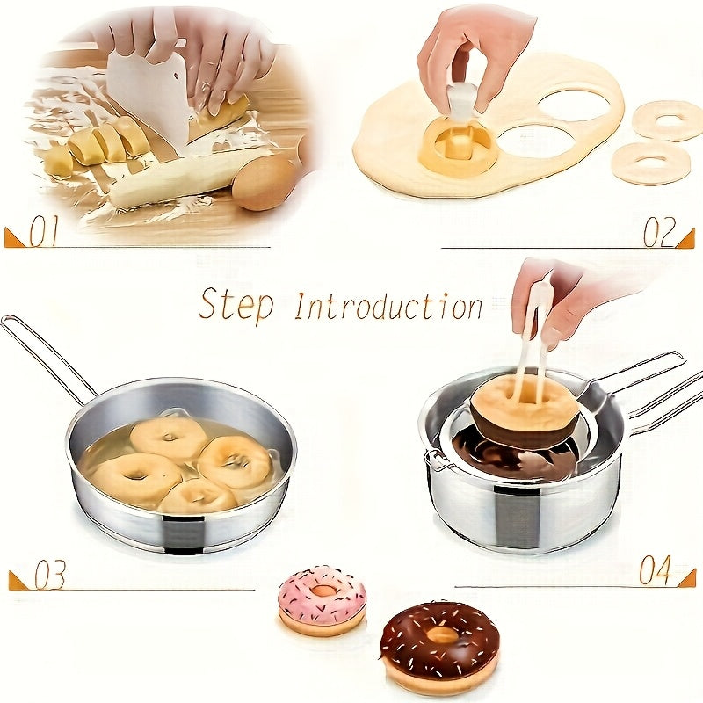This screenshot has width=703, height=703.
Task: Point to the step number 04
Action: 656,571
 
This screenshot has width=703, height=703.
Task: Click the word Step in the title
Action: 236,305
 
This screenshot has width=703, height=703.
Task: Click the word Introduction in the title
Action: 388,307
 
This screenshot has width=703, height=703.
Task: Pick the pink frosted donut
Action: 322,599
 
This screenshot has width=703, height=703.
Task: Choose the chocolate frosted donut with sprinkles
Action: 439,644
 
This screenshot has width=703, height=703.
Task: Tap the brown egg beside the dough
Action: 264,183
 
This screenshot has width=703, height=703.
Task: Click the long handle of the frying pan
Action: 44,356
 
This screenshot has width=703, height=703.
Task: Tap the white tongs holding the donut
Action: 534,334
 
